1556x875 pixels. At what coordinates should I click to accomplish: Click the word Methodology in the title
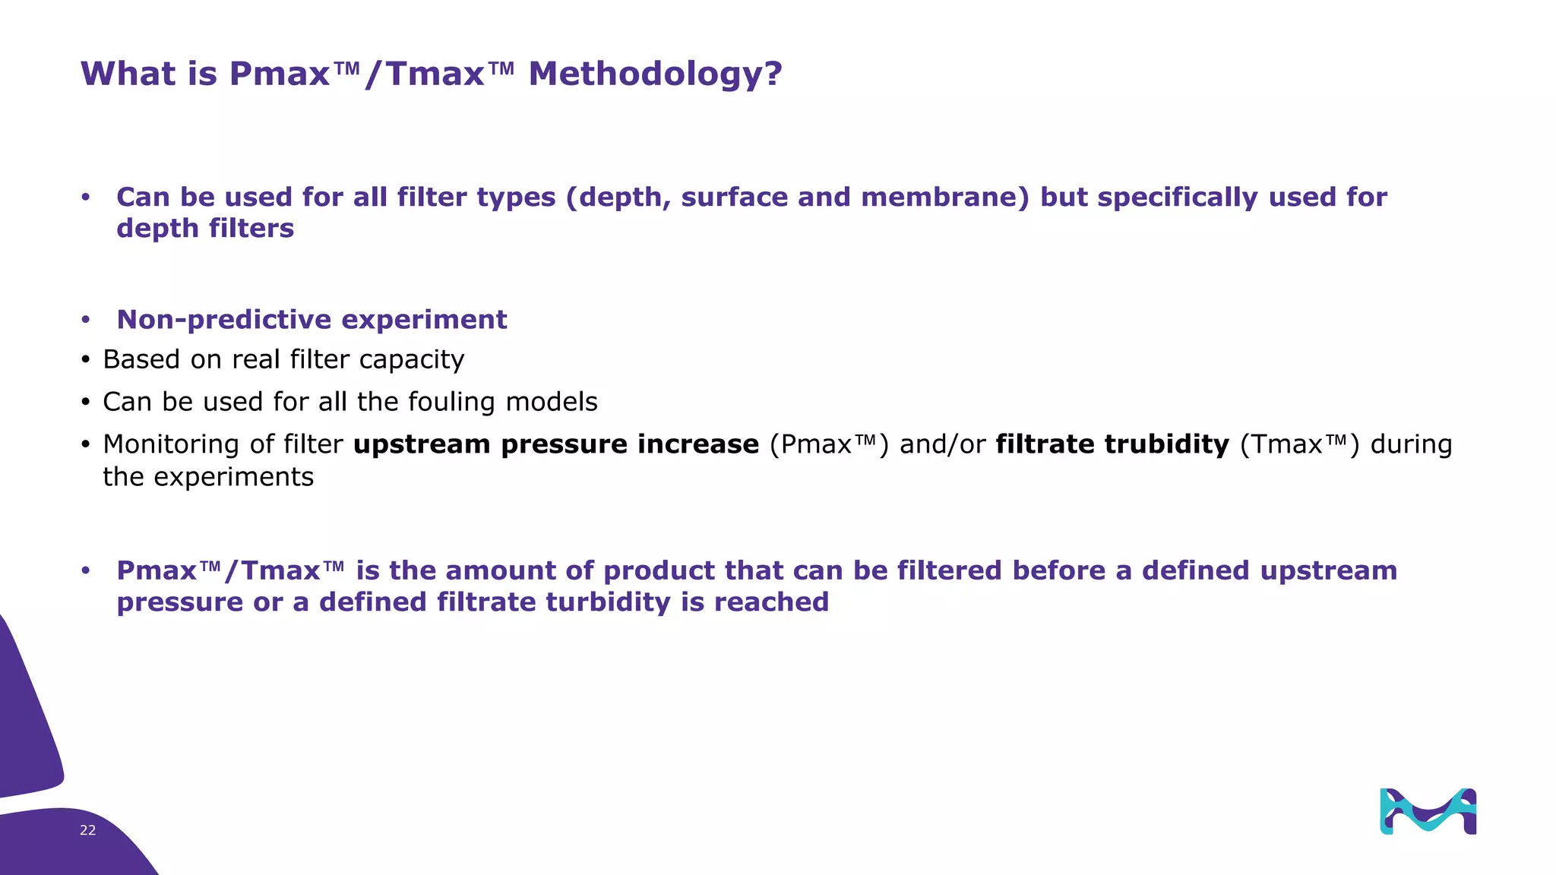pyautogui.click(x=654, y=74)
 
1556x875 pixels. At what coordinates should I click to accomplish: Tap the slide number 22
pyautogui.click(x=87, y=830)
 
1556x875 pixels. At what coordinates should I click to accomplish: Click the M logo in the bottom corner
pyautogui.click(x=1428, y=811)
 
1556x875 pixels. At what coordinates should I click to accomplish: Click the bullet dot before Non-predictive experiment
pyautogui.click(x=86, y=321)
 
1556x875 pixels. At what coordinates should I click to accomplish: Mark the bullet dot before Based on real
pyautogui.click(x=86, y=360)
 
